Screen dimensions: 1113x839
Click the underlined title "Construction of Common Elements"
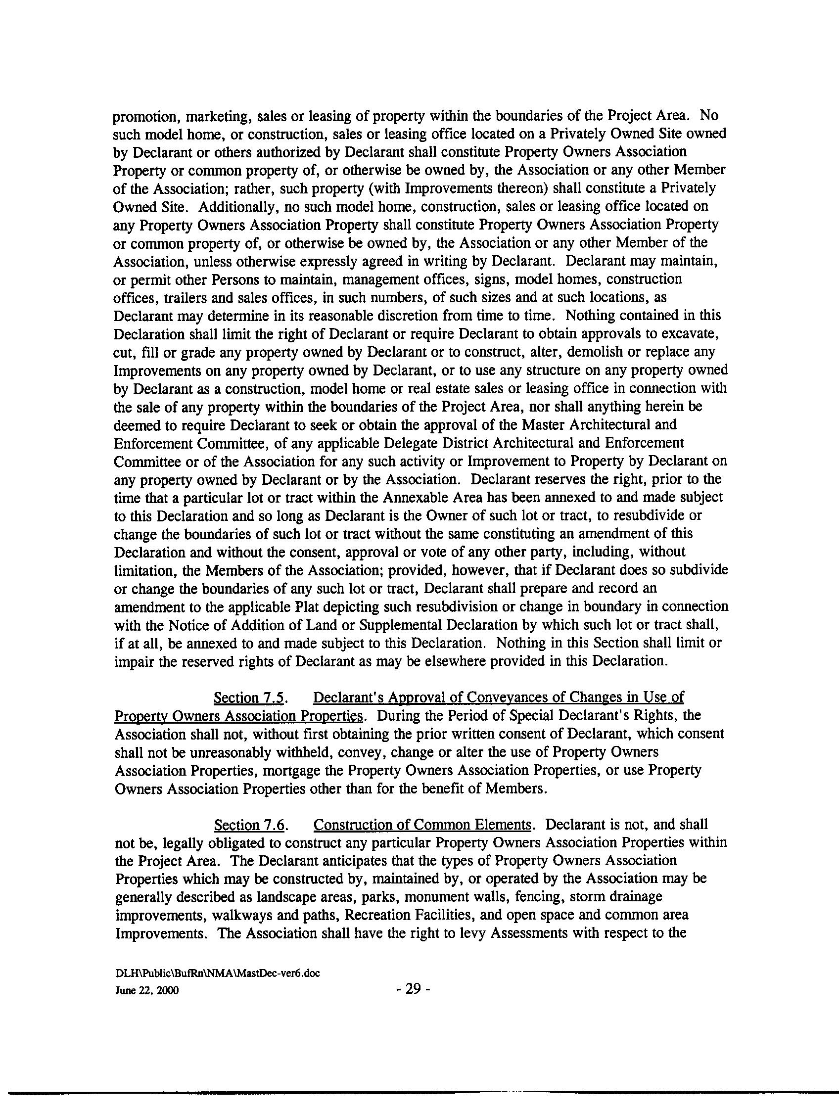click(x=422, y=825)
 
